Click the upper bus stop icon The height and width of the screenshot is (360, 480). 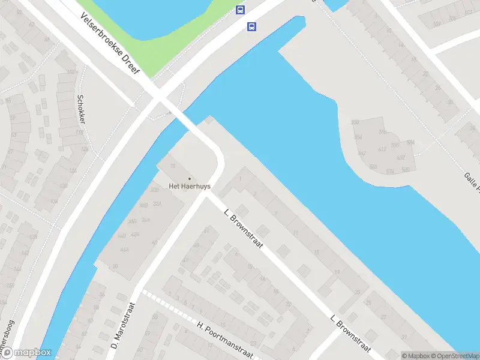pyautogui.click(x=240, y=10)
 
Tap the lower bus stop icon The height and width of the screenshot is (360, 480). pyautogui.click(x=251, y=26)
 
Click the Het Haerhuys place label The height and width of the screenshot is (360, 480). pyautogui.click(x=190, y=186)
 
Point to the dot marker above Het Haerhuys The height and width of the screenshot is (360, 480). pyautogui.click(x=190, y=178)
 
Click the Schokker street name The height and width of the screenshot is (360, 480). pyautogui.click(x=81, y=109)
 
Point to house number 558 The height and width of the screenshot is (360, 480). pyautogui.click(x=355, y=122)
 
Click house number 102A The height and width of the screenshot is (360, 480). pyautogui.click(x=72, y=72)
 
